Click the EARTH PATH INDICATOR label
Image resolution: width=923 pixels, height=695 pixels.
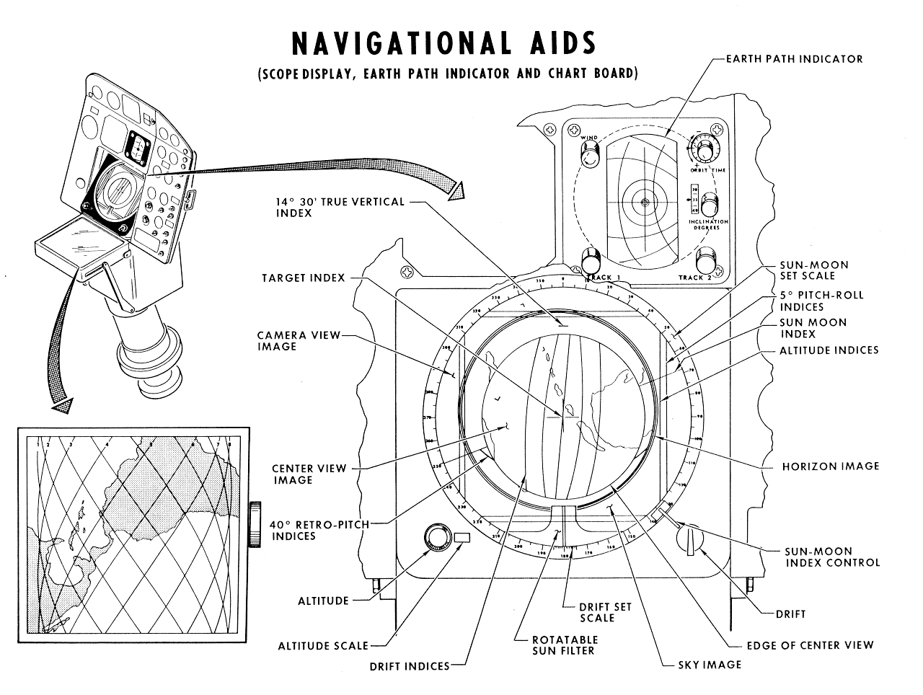click(x=794, y=59)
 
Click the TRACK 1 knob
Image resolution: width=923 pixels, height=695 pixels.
click(x=593, y=260)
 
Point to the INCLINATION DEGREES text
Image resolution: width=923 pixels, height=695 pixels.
click(x=708, y=224)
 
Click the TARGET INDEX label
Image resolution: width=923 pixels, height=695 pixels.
click(x=303, y=278)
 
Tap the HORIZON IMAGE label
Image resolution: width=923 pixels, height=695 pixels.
click(x=831, y=466)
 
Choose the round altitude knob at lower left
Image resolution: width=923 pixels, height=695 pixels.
click(x=436, y=538)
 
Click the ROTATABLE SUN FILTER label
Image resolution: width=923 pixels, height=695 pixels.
click(x=565, y=645)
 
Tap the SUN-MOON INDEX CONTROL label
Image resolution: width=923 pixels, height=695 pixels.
click(x=832, y=557)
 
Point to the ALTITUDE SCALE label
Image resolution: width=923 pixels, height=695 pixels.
click(x=323, y=646)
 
